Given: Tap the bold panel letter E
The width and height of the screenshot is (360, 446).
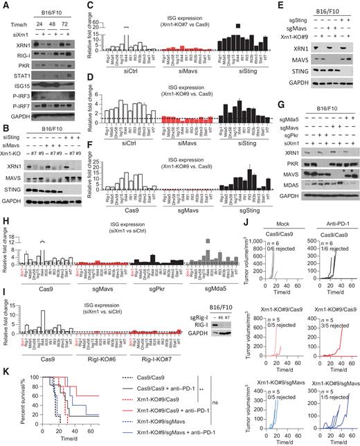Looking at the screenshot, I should (x=256, y=6).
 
